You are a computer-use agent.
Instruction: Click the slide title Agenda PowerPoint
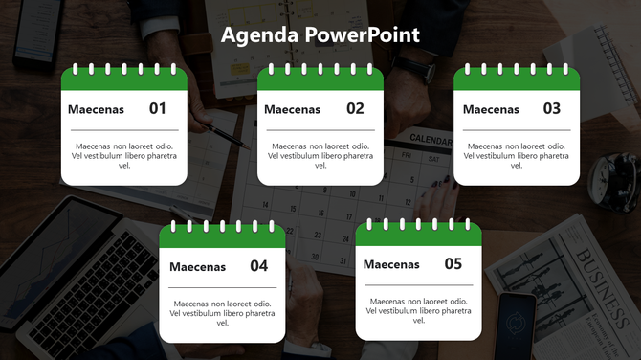point(320,35)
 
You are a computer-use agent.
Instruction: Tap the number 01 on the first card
point(158,109)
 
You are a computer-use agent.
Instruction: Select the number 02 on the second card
point(355,109)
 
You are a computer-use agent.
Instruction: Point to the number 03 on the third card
point(552,109)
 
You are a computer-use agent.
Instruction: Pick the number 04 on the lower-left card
point(259,266)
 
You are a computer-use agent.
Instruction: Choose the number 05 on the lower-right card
point(453,264)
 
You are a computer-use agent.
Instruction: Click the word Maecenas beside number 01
point(96,110)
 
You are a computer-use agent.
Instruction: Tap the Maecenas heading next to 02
point(292,110)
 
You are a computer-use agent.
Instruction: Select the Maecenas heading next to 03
point(491,110)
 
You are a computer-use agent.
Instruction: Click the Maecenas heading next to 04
point(197,267)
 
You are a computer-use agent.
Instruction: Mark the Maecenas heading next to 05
point(391,265)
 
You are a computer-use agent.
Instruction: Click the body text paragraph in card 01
point(123,155)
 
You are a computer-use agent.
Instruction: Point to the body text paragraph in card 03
point(516,155)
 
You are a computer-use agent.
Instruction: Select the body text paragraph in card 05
point(418,310)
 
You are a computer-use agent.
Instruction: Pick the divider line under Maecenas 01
point(123,129)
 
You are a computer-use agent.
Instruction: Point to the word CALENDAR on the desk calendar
point(431,140)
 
